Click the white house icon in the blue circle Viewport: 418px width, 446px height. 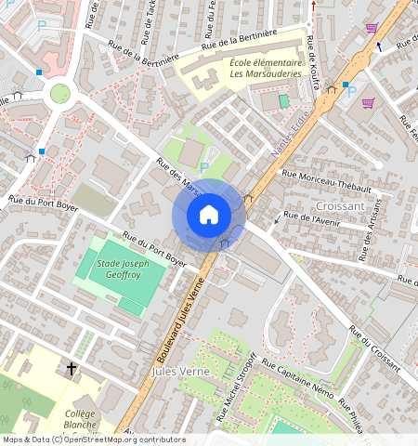coord(208,216)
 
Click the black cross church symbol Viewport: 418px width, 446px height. coord(72,369)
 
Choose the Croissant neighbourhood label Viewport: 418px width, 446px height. coord(339,205)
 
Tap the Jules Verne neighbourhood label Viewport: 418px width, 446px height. coord(176,371)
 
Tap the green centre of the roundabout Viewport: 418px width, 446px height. coord(60,94)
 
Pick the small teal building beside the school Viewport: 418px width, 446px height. coord(284,99)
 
